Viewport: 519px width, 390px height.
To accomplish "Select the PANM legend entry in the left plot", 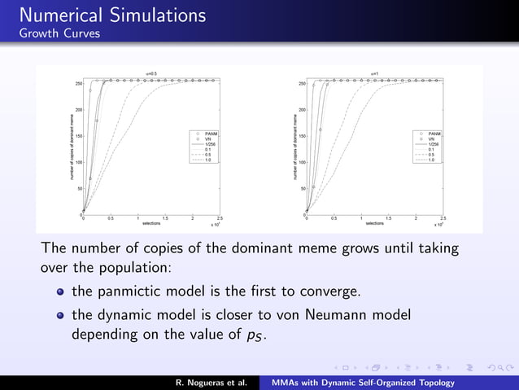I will (x=209, y=133).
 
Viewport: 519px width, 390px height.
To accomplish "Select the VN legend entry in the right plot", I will (x=434, y=139).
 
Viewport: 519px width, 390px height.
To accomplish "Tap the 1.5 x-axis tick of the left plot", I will (x=165, y=218).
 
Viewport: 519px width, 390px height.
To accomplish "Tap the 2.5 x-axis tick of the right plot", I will (x=443, y=218).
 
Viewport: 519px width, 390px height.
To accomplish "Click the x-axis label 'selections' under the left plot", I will (x=151, y=222).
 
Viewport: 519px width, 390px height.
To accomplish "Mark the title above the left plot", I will (x=150, y=74).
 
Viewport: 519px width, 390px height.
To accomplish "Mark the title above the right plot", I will (x=374, y=74).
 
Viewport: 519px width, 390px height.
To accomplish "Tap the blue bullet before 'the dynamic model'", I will (x=60, y=315).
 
